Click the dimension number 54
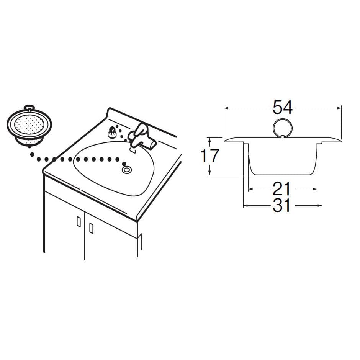pos(282,108)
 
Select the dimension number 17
pos(210,156)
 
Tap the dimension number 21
pos(281,189)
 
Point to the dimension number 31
pos(281,205)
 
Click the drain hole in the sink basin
pos(127,170)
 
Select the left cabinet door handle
pos(79,222)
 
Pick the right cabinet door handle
pos(91,228)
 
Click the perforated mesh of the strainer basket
pos(29,124)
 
